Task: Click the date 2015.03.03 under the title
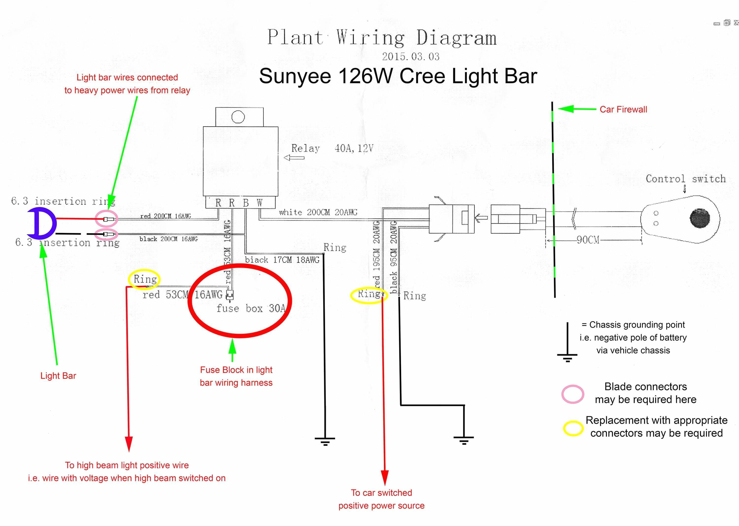click(x=411, y=57)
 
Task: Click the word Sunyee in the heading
click(x=295, y=77)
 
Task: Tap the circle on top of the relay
click(x=238, y=117)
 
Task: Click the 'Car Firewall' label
click(x=623, y=109)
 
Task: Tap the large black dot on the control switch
click(x=700, y=218)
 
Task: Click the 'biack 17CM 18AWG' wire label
click(x=282, y=260)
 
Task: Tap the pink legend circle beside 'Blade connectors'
click(x=573, y=394)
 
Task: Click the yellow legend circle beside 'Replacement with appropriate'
click(x=573, y=428)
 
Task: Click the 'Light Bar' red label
click(x=58, y=376)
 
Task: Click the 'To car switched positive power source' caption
click(x=381, y=499)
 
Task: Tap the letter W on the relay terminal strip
click(x=259, y=203)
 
